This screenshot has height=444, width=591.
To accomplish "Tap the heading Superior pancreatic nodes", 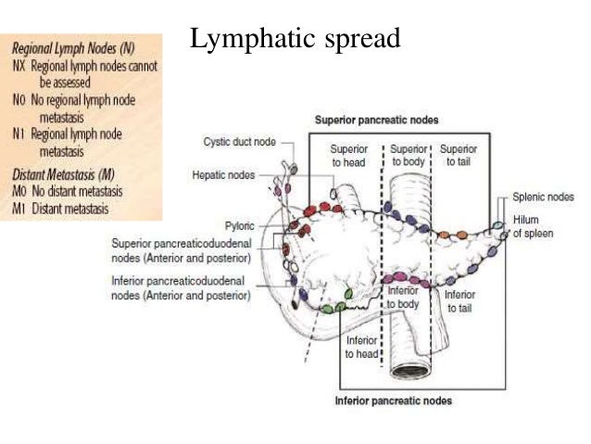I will tap(376, 121).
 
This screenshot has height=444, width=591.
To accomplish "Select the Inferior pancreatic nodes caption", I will tap(393, 400).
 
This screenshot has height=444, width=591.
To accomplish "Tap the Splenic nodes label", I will tap(544, 197).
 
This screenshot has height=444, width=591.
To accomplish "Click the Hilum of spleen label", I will tap(534, 227).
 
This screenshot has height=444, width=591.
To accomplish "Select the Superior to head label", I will tap(349, 155).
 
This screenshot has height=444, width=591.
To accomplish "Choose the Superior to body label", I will tap(409, 155).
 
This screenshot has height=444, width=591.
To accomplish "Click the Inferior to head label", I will tap(361, 347).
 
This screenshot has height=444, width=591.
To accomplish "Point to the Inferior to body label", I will tap(403, 297).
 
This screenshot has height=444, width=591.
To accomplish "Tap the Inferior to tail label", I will tap(459, 301).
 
